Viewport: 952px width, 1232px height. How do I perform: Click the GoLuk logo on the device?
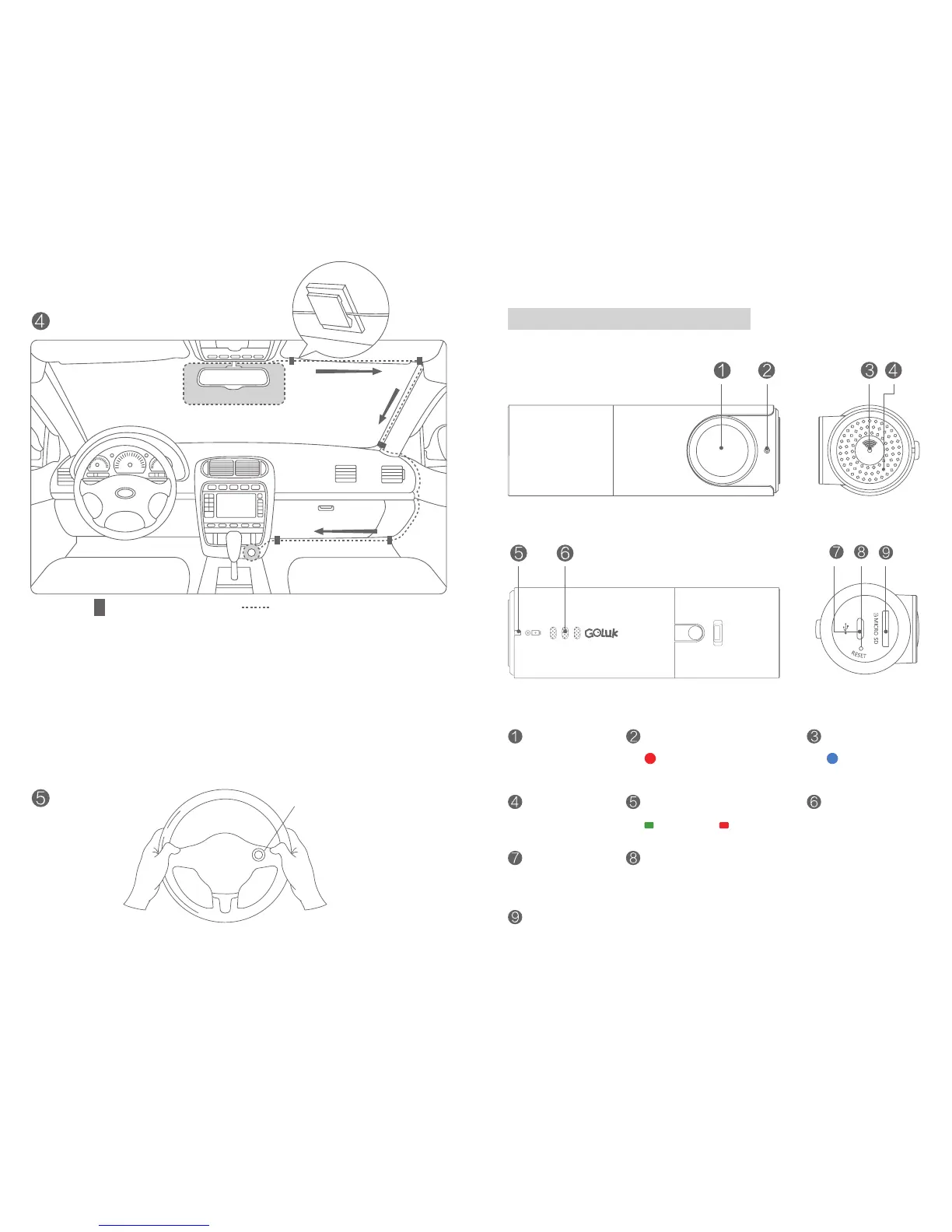pyautogui.click(x=601, y=633)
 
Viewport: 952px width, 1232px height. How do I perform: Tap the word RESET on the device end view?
pyautogui.click(x=858, y=655)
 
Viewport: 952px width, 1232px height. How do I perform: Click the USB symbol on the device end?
pyautogui.click(x=845, y=628)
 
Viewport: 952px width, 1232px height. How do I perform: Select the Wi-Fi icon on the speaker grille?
pyautogui.click(x=869, y=446)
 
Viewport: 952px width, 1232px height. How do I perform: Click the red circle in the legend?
pyautogui.click(x=650, y=758)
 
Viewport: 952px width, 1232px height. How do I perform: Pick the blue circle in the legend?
pyautogui.click(x=831, y=758)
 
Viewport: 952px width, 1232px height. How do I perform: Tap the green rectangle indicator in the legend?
pyautogui.click(x=649, y=824)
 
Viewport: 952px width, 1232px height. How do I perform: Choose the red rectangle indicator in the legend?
pyautogui.click(x=723, y=824)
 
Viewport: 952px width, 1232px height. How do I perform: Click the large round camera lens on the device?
pyautogui.click(x=722, y=449)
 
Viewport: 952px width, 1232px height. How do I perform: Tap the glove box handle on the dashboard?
pyautogui.click(x=327, y=508)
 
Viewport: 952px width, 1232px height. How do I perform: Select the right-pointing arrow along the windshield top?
pyautogui.click(x=348, y=373)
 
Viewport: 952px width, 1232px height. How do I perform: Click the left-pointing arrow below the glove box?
pyautogui.click(x=345, y=532)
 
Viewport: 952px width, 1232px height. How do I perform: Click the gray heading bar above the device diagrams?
pyautogui.click(x=628, y=319)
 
